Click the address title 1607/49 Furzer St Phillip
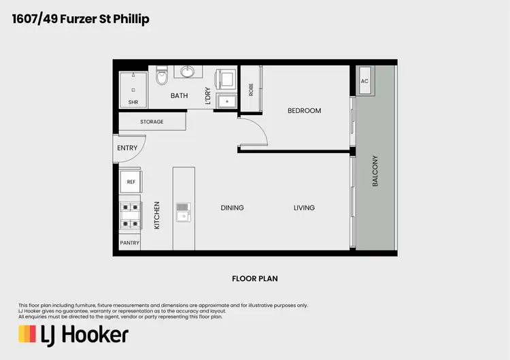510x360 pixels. [80, 19]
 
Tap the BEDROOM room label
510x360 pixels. [304, 111]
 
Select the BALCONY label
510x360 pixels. [375, 172]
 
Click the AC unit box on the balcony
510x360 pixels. [364, 81]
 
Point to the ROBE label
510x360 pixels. [251, 89]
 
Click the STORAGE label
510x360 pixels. [152, 122]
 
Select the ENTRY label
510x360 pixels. [127, 148]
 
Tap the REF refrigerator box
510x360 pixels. [131, 182]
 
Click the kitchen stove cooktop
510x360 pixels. [131, 214]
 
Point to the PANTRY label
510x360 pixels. [130, 243]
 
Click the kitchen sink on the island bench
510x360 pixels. [183, 212]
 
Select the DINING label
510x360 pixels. [232, 208]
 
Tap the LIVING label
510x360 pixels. [304, 208]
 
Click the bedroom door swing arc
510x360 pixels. [254, 129]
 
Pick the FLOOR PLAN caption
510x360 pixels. [255, 278]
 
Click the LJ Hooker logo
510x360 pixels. [73, 335]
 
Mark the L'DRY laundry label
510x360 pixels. [208, 96]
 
